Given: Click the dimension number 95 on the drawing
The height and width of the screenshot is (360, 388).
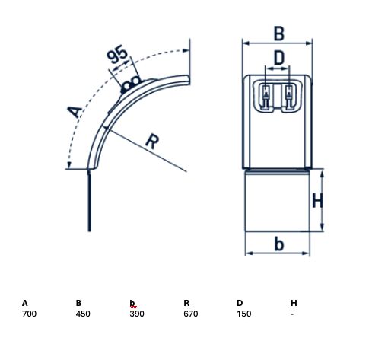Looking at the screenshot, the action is tap(117, 54).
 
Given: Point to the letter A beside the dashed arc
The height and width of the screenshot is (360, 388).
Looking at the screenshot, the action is tap(75, 112).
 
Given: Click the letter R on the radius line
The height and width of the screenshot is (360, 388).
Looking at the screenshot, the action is tap(152, 142).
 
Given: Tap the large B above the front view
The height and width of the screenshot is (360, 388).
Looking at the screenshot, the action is tap(279, 33).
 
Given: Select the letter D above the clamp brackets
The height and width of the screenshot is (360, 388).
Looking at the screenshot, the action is tap(279, 58).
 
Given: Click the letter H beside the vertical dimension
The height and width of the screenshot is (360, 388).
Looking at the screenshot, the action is tap(317, 200).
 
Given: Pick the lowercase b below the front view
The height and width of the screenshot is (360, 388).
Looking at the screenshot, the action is tap(279, 244).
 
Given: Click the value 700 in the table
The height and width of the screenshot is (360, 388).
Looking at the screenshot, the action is tap(29, 314).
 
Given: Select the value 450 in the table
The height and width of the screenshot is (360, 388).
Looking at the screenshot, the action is tap(83, 314).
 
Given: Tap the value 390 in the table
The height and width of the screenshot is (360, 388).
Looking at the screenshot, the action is tap(137, 314).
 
